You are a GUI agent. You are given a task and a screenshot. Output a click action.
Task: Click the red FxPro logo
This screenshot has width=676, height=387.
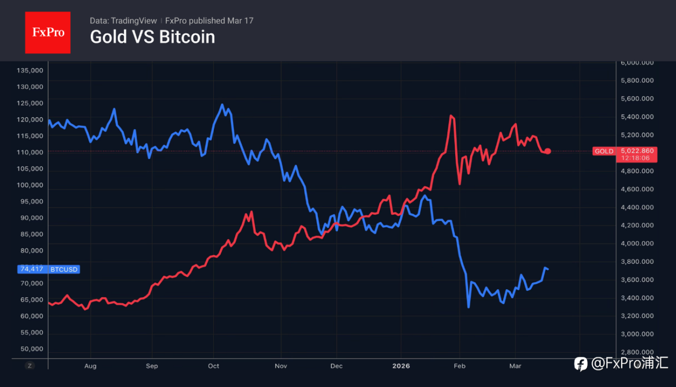point(48,32)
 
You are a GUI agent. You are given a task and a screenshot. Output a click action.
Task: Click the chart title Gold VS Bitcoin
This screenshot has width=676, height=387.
point(152,37)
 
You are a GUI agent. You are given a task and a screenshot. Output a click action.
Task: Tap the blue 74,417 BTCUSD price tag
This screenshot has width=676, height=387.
point(49,269)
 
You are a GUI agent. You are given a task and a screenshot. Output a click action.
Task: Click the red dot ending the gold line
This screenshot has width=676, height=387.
point(548,151)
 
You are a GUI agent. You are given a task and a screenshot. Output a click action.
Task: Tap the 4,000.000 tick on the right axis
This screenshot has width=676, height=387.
point(637,244)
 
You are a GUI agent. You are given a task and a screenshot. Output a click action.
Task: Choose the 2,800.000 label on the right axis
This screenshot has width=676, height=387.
point(637,352)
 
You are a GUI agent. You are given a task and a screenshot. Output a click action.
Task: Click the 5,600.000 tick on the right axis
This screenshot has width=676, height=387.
point(637,99)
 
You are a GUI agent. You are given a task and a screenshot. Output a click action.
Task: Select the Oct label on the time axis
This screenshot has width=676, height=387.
point(213,366)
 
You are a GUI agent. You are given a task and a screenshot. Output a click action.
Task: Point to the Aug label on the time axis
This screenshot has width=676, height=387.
point(90,366)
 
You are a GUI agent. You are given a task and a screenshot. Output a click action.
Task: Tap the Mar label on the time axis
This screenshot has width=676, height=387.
point(515,366)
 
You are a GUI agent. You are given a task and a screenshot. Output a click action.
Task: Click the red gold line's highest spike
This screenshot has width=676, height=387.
point(451,115)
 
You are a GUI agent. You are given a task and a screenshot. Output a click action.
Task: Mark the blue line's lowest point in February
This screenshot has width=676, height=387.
point(468,307)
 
